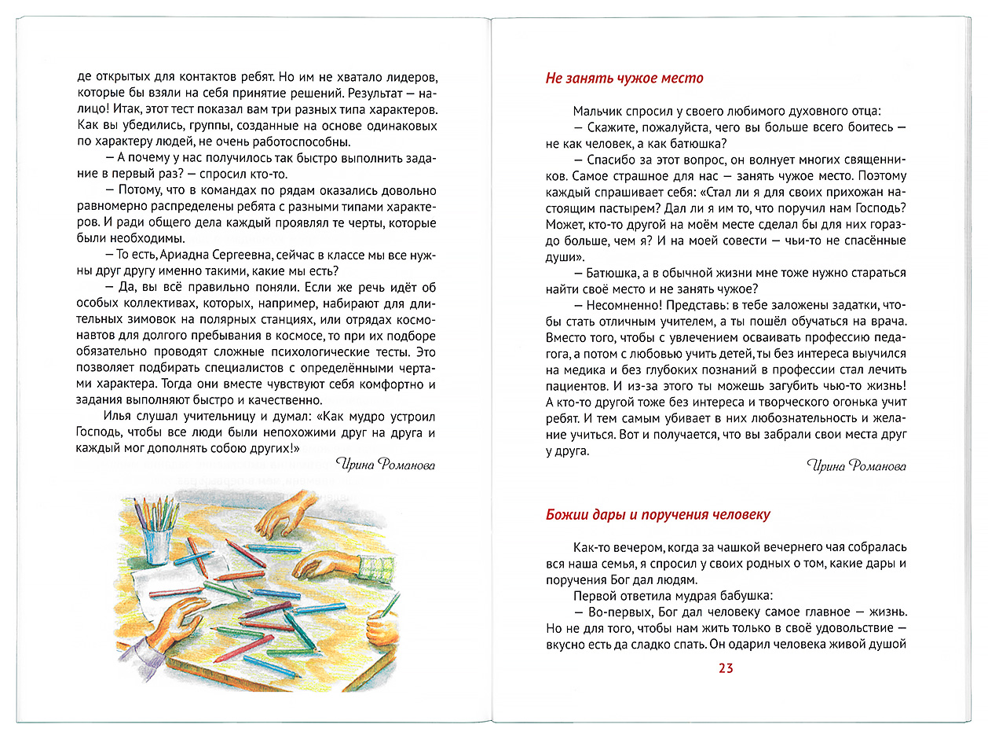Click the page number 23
coord(725,668)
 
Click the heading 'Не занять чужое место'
coord(624,79)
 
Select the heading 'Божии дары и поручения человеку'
coord(657,515)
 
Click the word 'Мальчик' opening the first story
coord(598,112)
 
